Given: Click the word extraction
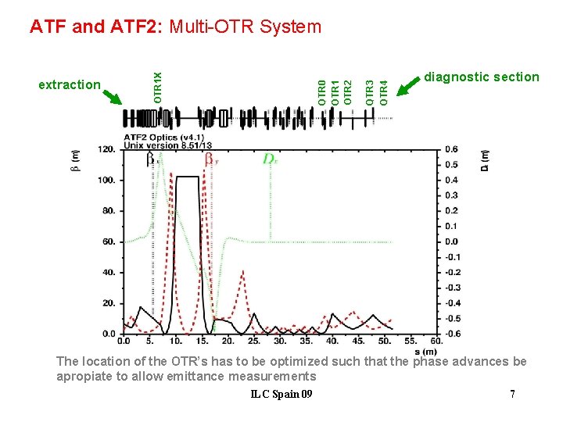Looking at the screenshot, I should tap(70, 84).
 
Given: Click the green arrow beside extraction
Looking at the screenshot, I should tap(114, 96).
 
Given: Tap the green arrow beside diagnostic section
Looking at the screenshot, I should tap(410, 85).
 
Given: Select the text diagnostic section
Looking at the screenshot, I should tap(482, 77).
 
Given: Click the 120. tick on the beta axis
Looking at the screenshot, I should tap(106, 149).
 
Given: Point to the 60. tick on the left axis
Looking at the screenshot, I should tap(108, 241).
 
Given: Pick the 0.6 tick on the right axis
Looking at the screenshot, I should tap(451, 149).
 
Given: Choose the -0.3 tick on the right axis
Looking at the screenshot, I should tap(451, 288).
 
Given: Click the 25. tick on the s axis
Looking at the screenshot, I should tap(253, 341).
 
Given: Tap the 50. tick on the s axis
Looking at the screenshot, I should tap(384, 341).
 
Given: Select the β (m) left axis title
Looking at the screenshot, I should tap(75, 163).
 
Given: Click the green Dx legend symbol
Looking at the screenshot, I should tap(270, 159).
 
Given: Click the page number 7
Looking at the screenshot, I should tap(512, 394).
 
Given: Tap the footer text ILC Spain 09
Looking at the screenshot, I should tap(281, 394).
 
